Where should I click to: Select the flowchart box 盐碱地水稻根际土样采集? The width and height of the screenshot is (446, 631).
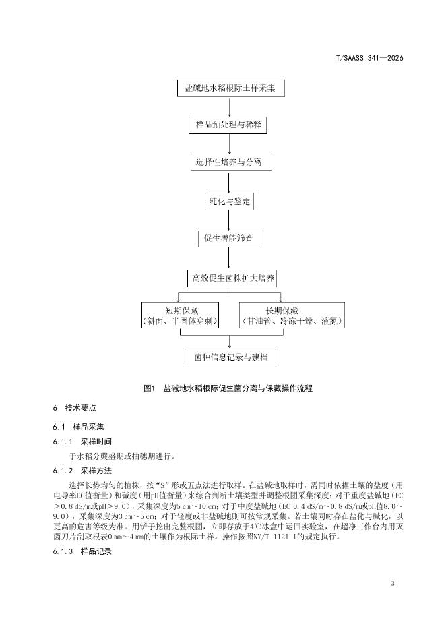230,88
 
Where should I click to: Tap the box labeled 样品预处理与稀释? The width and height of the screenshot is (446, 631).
229,125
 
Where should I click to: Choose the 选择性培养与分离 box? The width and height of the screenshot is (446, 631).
229,162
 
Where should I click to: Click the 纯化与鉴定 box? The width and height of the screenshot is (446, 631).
229,200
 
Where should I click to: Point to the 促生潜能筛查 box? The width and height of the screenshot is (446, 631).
229,238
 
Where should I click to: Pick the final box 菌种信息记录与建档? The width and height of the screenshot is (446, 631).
230,357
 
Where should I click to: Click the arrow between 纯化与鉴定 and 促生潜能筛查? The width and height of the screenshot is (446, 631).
229,220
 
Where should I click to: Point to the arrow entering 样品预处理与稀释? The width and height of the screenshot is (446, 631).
229,108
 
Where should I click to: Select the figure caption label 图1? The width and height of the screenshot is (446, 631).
150,389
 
